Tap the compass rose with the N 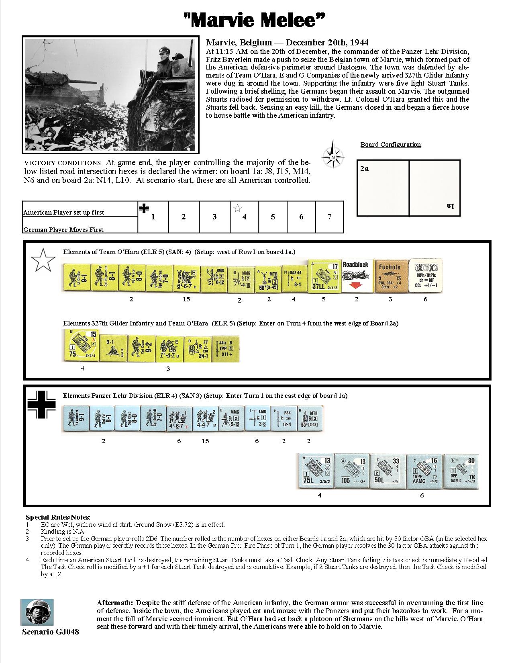point(333,154)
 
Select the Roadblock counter point(357,276)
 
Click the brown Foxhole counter point(390,276)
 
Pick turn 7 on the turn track point(329,217)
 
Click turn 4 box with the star point(243,217)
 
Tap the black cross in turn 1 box point(144,208)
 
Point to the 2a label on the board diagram point(364,169)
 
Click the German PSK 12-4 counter point(284,418)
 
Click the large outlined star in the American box point(43,260)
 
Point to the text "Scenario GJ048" point(50,632)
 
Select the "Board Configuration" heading point(391,145)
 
